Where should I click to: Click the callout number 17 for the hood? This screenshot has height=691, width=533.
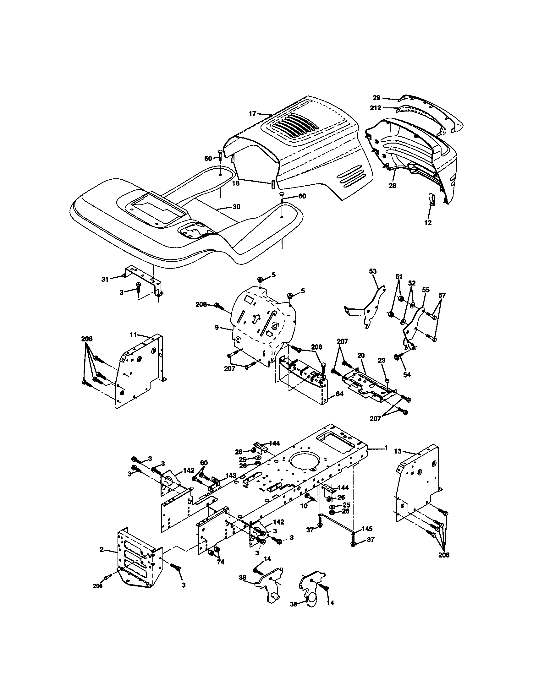click(x=252, y=114)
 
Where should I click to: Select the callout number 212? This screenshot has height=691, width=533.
click(x=376, y=107)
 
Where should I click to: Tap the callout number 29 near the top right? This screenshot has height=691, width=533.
click(x=376, y=98)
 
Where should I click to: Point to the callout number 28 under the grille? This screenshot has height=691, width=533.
click(x=393, y=186)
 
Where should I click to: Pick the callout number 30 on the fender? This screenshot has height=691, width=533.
click(x=236, y=207)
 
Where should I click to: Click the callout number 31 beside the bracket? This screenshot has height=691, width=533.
click(x=105, y=279)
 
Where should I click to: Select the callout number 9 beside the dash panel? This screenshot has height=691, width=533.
click(x=217, y=327)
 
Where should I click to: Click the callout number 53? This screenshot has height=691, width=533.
click(x=373, y=271)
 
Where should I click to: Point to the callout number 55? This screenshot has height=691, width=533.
click(x=426, y=290)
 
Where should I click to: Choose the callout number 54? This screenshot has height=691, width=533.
click(x=407, y=375)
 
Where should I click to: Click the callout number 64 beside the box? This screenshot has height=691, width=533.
click(x=339, y=394)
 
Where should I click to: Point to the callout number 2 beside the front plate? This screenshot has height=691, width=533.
click(x=102, y=550)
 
